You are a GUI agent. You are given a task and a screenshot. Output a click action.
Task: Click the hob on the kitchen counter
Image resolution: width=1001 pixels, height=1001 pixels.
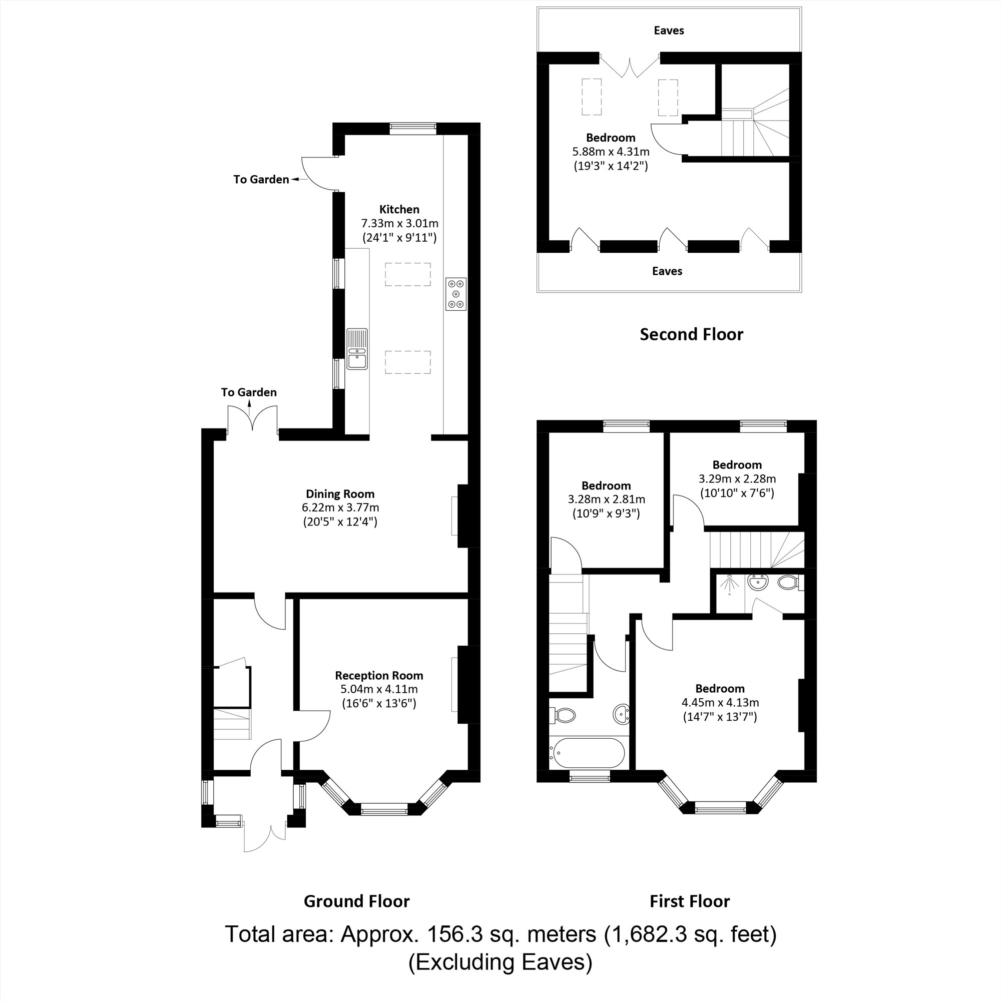pyautogui.click(x=456, y=294)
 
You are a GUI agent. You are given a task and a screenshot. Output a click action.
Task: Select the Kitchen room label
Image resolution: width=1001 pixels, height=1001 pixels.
pyautogui.click(x=399, y=209)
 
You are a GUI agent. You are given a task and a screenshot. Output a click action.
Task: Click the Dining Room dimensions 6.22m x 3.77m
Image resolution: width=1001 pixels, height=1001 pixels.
pyautogui.click(x=340, y=508)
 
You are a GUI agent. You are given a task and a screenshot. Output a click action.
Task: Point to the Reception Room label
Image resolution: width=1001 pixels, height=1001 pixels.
pyautogui.click(x=379, y=676)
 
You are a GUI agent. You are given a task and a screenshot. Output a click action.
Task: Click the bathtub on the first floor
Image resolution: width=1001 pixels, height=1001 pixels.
pyautogui.click(x=589, y=753)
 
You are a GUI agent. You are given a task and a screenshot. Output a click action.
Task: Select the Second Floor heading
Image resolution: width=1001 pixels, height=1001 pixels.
pyautogui.click(x=691, y=335)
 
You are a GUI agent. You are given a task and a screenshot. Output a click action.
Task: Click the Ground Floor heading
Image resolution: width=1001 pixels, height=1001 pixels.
pyautogui.click(x=356, y=901)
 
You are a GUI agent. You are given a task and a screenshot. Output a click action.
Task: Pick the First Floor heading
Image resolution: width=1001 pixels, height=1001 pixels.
pyautogui.click(x=689, y=901)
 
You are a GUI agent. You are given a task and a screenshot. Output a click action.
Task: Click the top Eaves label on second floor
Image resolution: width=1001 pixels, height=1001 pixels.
pyautogui.click(x=668, y=31)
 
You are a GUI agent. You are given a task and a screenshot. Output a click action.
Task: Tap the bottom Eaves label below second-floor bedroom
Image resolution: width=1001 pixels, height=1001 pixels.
pyautogui.click(x=667, y=271)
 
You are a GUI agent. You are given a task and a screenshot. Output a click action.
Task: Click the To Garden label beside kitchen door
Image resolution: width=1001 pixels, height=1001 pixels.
pyautogui.click(x=261, y=180)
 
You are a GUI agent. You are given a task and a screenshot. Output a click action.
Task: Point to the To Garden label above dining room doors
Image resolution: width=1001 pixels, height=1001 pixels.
pyautogui.click(x=249, y=392)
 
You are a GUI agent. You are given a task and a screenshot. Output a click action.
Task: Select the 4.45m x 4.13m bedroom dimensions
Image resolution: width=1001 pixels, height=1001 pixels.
pyautogui.click(x=720, y=703)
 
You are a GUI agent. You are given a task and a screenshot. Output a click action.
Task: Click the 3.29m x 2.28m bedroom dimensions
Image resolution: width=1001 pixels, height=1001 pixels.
pyautogui.click(x=737, y=479)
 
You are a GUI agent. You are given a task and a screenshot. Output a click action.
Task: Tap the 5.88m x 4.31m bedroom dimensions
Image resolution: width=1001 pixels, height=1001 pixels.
pyautogui.click(x=610, y=152)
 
